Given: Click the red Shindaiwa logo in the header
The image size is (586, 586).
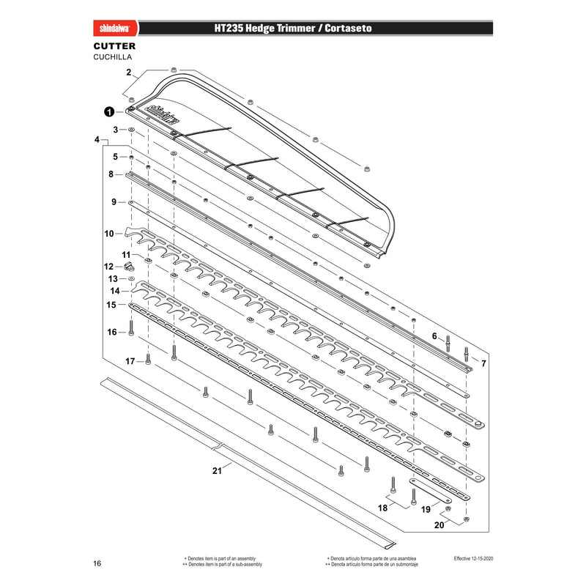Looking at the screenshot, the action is (115, 29).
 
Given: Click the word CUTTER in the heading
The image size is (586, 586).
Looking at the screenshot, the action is (114, 46).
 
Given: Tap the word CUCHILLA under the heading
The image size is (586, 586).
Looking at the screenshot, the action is (113, 57).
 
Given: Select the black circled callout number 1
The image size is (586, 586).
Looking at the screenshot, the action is (109, 112).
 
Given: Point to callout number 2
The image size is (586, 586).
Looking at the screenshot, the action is (129, 72).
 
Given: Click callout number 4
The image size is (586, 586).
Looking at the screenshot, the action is (97, 139).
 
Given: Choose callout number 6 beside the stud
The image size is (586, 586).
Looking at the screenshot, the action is (434, 336).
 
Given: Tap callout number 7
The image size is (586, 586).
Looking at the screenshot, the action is (483, 363).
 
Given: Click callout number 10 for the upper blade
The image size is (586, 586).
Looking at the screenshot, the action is (109, 234).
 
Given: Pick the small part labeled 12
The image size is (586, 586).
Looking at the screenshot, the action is (130, 266).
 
